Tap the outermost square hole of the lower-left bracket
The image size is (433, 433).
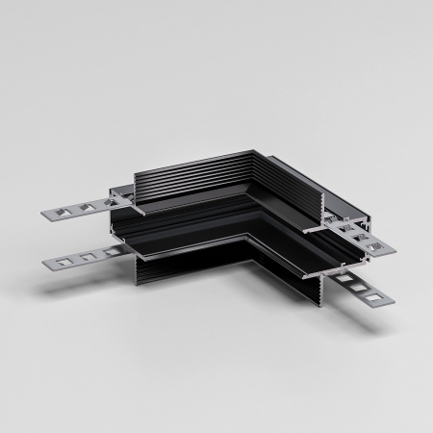[54, 261]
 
